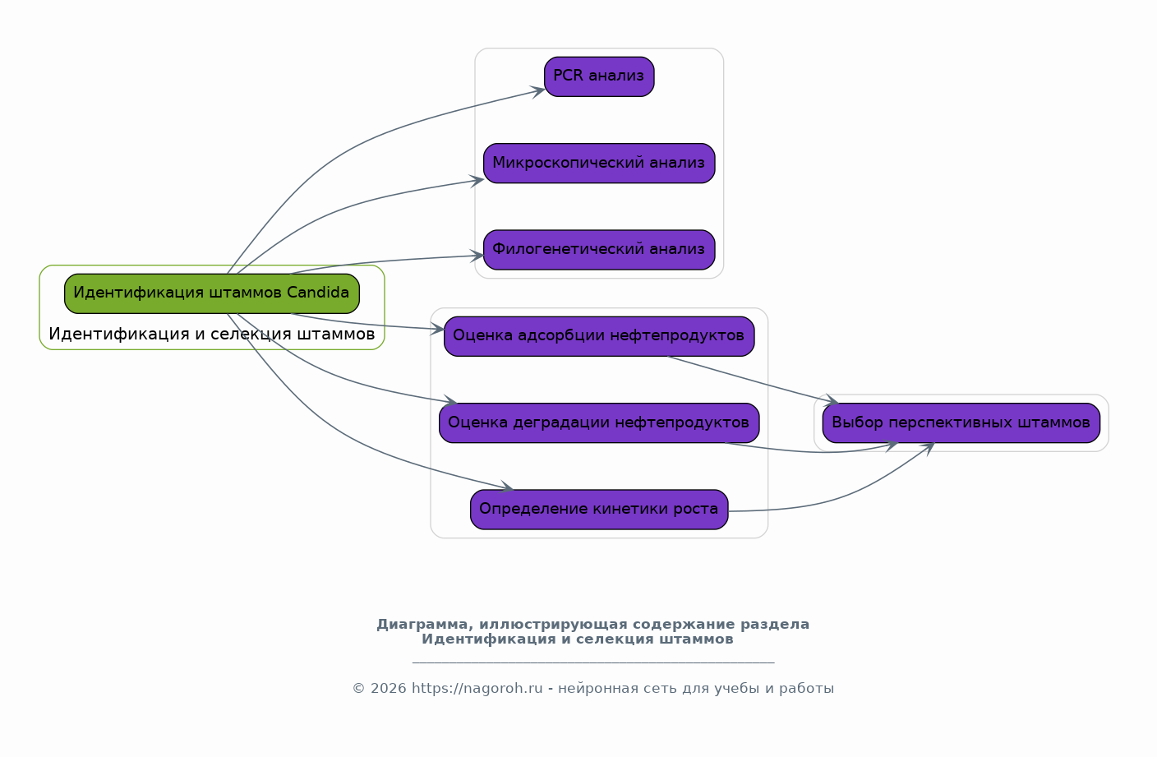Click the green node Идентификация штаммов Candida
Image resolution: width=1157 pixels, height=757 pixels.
212,293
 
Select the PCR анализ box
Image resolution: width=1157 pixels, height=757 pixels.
599,76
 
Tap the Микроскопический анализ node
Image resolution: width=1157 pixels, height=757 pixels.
599,164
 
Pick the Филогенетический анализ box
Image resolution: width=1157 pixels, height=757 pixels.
599,250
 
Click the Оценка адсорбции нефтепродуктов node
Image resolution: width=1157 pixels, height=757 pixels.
599,336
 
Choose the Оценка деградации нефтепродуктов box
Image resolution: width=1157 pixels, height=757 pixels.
599,422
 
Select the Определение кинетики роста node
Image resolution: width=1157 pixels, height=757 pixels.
599,510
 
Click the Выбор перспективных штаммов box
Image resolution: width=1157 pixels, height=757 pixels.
961,422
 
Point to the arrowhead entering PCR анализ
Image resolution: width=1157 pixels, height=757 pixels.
539,91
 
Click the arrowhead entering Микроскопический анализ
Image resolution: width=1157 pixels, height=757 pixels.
477,181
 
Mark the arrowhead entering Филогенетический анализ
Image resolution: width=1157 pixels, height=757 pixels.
477,256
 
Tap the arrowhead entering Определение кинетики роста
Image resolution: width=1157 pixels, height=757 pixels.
506,487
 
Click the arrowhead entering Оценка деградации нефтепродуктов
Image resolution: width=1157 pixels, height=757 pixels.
450,401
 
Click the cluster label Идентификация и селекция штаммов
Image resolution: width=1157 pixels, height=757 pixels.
212,334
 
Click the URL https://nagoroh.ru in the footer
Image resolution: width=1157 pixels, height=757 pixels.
477,688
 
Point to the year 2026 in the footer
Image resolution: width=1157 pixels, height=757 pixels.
389,688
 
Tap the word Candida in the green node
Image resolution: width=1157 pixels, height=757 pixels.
318,293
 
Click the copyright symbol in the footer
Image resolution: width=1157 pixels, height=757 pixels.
359,689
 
